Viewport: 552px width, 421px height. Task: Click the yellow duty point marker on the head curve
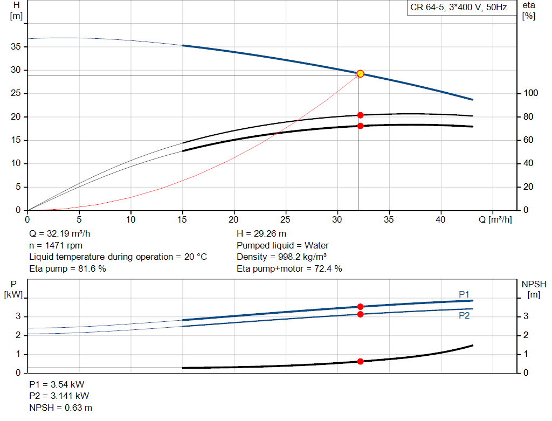360,74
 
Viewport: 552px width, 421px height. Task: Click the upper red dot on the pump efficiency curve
360,115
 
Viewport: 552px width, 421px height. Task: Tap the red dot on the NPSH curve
360,362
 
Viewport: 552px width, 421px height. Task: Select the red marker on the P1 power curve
360,307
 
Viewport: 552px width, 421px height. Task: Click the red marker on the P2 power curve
360,314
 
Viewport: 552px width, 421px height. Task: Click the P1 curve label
464,294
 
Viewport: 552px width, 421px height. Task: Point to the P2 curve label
464,316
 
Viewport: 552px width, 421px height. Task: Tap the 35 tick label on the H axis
16,46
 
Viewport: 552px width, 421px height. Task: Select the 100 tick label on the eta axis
530,93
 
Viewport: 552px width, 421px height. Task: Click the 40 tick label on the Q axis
440,219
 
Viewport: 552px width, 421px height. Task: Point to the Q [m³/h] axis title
495,219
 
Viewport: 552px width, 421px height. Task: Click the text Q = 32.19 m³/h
59,234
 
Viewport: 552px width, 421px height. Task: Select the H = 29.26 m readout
261,234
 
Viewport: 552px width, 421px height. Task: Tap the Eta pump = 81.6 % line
67,269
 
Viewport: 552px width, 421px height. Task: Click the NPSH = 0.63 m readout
60,408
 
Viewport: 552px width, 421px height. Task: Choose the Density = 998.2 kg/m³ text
281,257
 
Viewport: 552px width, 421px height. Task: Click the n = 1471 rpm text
56,245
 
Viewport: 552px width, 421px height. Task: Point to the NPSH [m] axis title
534,289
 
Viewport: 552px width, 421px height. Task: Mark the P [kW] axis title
13,289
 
